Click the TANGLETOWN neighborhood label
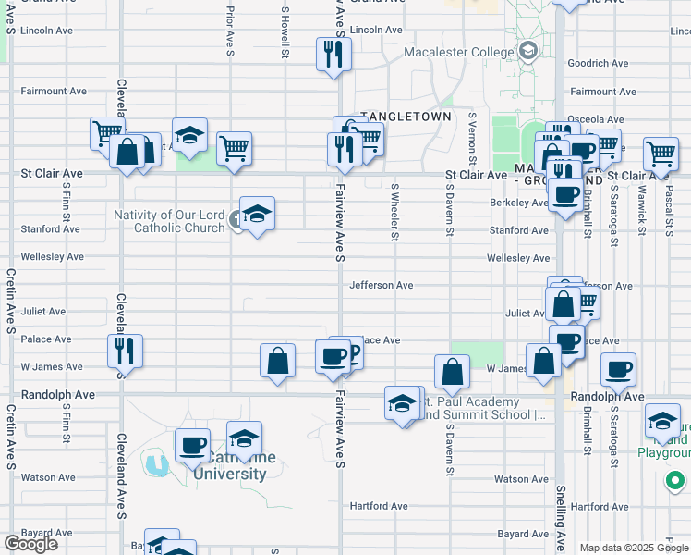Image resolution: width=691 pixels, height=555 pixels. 405,117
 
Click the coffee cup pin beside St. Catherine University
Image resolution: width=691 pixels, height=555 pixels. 192,445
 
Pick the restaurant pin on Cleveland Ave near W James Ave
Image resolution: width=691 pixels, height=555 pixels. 124,350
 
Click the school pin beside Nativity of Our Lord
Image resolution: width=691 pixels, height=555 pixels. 257,214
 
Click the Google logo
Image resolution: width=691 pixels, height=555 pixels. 30,544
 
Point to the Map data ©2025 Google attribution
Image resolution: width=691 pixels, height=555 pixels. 634,548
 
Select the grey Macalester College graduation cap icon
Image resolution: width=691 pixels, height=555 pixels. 528,51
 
